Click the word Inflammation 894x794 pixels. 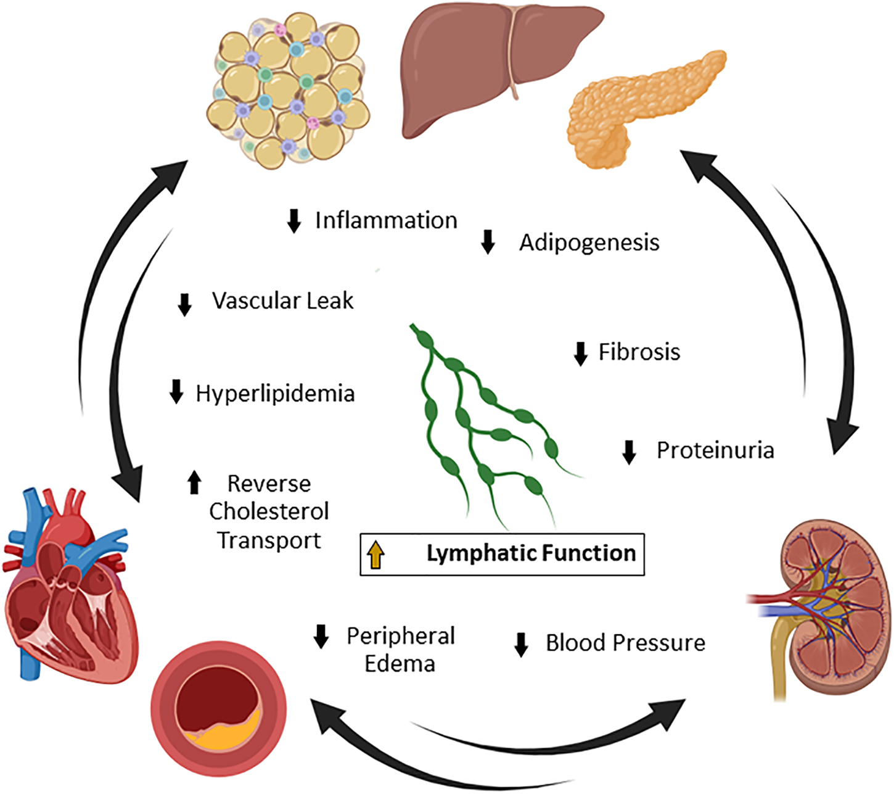point(386,220)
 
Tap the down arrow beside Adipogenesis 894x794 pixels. point(488,242)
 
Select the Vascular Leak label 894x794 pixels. point(283,300)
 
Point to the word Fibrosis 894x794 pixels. point(639,352)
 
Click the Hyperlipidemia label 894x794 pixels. point(275,393)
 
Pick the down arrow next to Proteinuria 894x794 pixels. point(629,452)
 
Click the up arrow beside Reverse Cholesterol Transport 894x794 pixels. point(194,482)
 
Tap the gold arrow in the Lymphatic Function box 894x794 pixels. point(375,554)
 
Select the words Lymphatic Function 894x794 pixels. point(531,553)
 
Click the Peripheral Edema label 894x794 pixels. point(400,650)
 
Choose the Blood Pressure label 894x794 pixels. point(625,643)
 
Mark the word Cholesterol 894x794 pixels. point(269,511)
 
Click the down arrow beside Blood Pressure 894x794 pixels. point(522,644)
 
